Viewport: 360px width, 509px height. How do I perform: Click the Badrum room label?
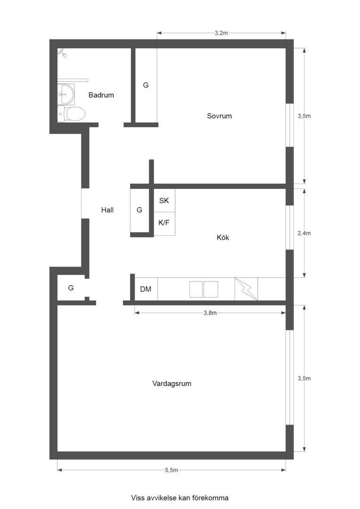click(x=101, y=95)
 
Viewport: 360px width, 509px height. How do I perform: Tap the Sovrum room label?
click(x=219, y=116)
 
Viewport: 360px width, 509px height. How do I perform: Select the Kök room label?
click(x=222, y=238)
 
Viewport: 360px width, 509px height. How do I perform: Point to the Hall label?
click(x=107, y=210)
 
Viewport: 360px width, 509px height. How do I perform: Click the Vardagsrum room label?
click(x=172, y=384)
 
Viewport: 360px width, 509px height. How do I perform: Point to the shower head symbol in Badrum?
click(x=62, y=53)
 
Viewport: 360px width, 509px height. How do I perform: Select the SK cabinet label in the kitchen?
click(x=164, y=201)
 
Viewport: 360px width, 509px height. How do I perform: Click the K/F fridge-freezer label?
click(x=164, y=222)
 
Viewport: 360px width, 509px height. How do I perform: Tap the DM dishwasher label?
click(x=146, y=289)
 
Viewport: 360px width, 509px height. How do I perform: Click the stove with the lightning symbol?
click(x=246, y=289)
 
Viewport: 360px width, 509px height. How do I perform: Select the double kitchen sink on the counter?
click(x=204, y=289)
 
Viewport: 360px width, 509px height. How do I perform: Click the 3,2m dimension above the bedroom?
click(x=221, y=33)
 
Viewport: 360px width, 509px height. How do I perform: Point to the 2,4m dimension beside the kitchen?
click(x=304, y=233)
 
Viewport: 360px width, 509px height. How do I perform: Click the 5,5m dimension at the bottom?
click(x=172, y=470)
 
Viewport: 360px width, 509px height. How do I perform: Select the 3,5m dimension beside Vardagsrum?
click(x=304, y=378)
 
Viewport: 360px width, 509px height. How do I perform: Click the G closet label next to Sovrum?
click(x=146, y=85)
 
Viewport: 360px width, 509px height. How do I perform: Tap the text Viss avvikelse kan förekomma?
click(x=180, y=497)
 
